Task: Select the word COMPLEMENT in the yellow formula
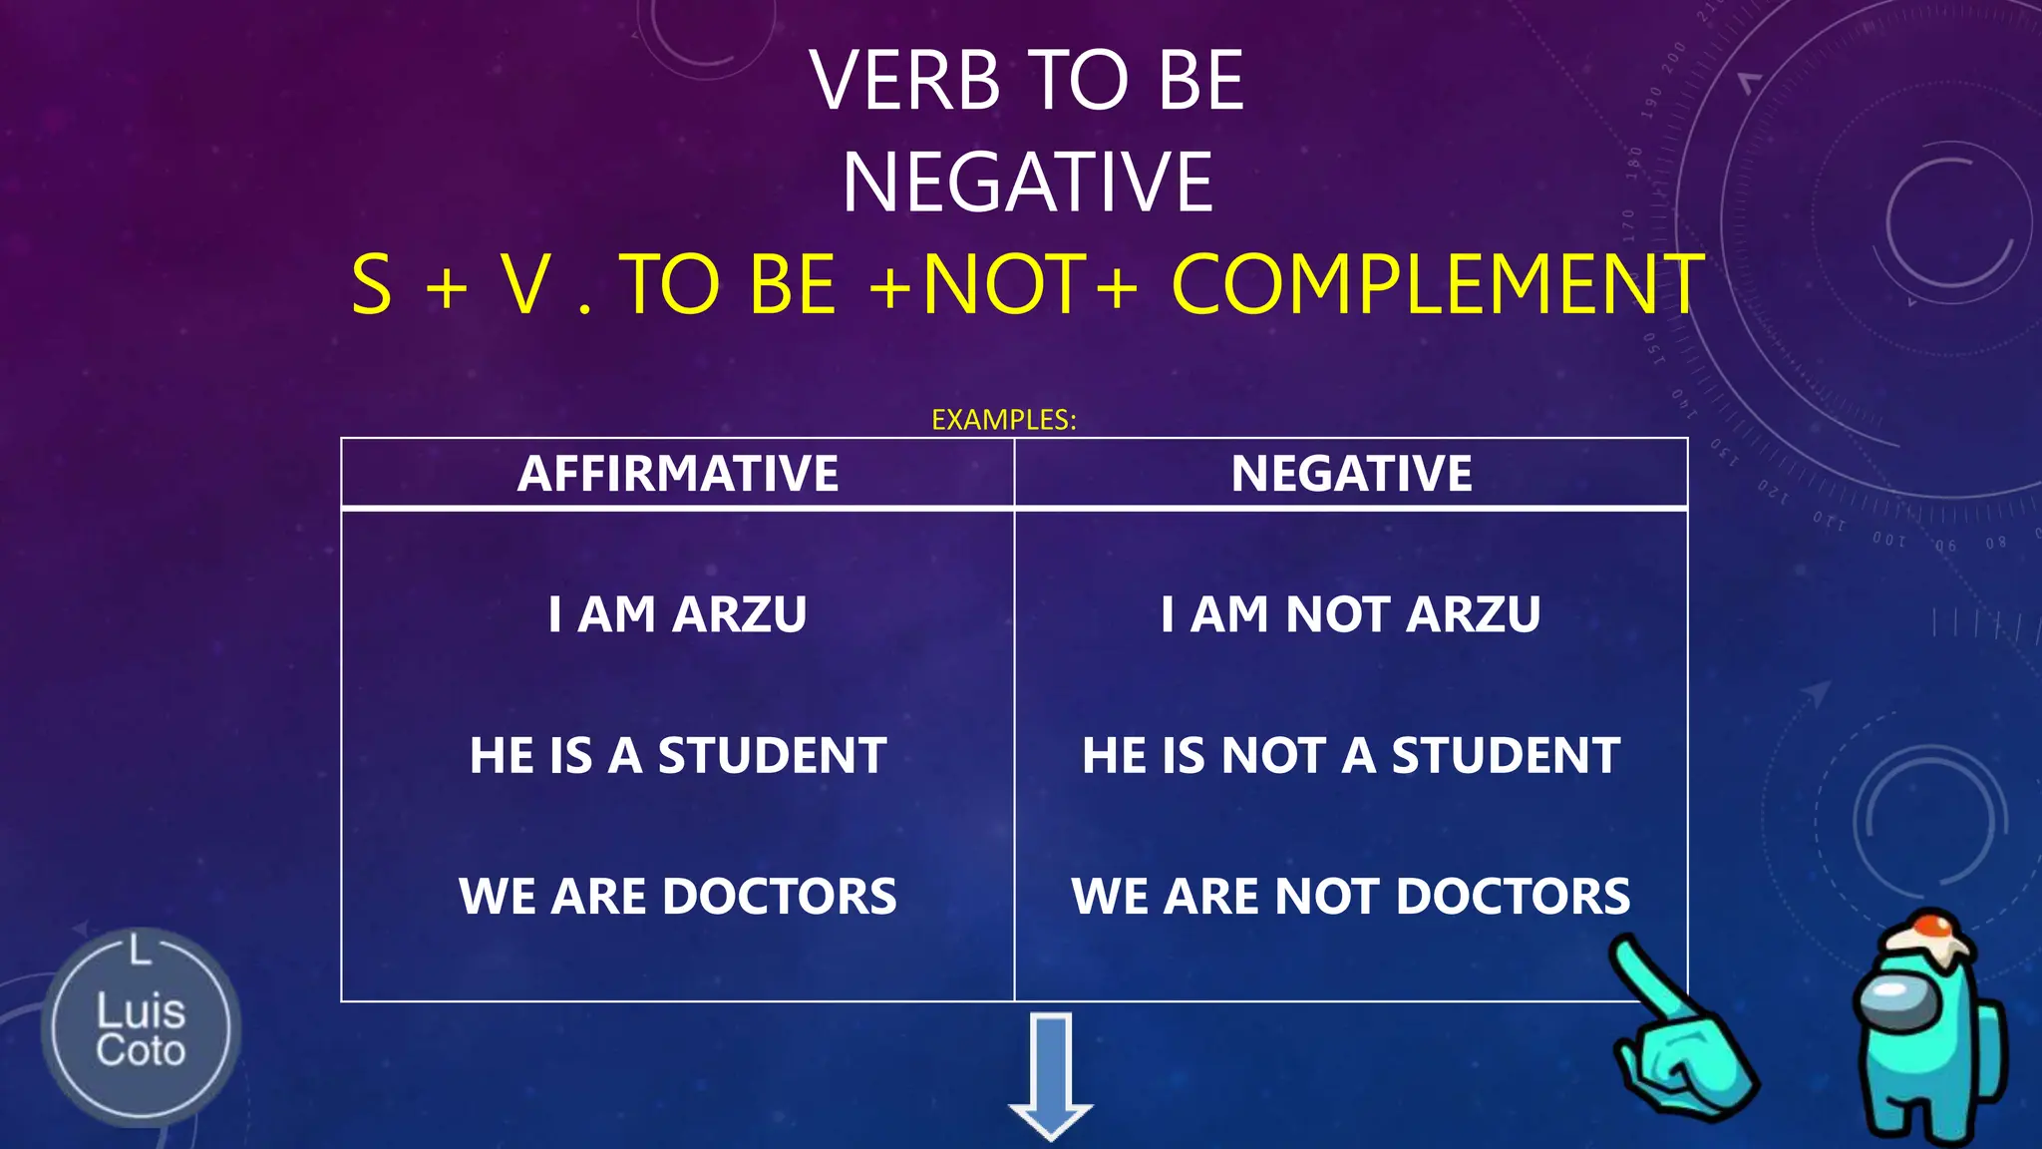[1437, 285]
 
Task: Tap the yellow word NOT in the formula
[1005, 285]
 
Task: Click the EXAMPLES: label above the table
[1003, 420]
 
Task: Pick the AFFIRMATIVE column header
[677, 473]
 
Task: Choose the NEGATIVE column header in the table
[1351, 473]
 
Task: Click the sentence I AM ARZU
[677, 614]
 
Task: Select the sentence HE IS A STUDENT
[677, 755]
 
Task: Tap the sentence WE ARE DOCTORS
[677, 896]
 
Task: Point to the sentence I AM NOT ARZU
[1350, 614]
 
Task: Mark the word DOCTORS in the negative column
[1513, 896]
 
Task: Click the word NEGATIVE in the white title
[1027, 183]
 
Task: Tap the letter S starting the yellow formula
[372, 285]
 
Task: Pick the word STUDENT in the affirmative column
[772, 755]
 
